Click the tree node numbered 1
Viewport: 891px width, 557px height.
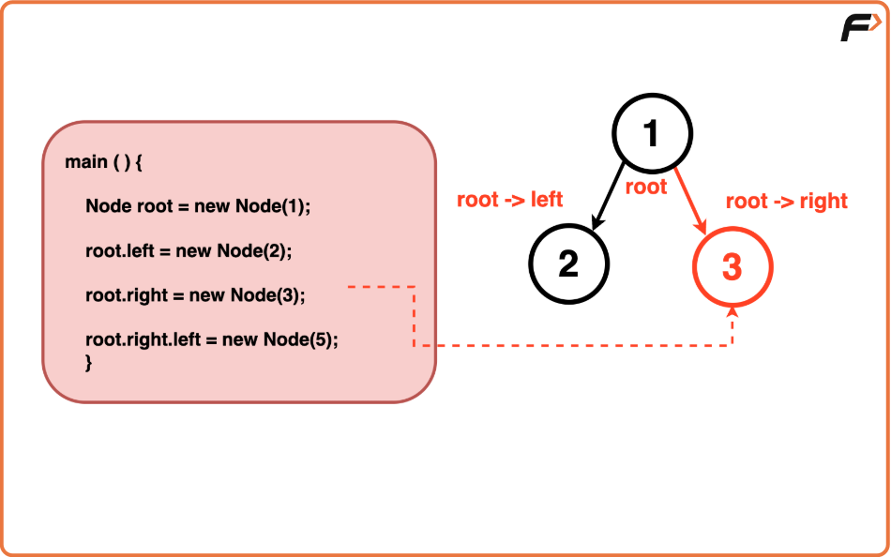[652, 134]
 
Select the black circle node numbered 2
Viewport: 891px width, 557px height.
[568, 265]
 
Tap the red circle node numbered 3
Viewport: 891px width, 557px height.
[732, 267]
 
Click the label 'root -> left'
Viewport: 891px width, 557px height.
[509, 200]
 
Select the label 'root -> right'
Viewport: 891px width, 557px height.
[786, 201]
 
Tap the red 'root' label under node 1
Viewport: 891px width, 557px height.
[645, 187]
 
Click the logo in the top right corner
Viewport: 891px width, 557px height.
[859, 28]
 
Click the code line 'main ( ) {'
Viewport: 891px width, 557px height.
[103, 162]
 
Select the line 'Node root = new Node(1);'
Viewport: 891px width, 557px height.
[197, 206]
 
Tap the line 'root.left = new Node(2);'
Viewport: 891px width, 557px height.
[189, 250]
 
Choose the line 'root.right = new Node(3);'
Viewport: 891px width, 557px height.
[195, 295]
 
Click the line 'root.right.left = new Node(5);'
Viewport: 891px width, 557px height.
[211, 339]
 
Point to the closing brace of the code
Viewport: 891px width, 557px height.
[89, 362]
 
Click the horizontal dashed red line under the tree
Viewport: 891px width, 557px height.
[572, 346]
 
